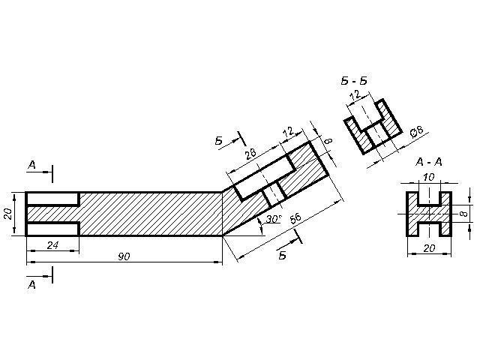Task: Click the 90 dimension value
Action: (x=124, y=256)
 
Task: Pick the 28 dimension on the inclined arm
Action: (x=250, y=153)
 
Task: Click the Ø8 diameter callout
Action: (x=417, y=131)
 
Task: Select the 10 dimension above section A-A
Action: (x=429, y=177)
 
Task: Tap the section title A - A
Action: (x=429, y=161)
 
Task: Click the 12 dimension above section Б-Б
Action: (x=355, y=95)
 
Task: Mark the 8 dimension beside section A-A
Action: (x=463, y=214)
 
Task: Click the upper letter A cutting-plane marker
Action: (x=31, y=163)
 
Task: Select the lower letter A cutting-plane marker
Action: (x=31, y=285)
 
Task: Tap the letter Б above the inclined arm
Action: (x=219, y=140)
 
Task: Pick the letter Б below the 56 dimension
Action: (x=283, y=255)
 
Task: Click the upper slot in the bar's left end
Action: (x=53, y=199)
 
